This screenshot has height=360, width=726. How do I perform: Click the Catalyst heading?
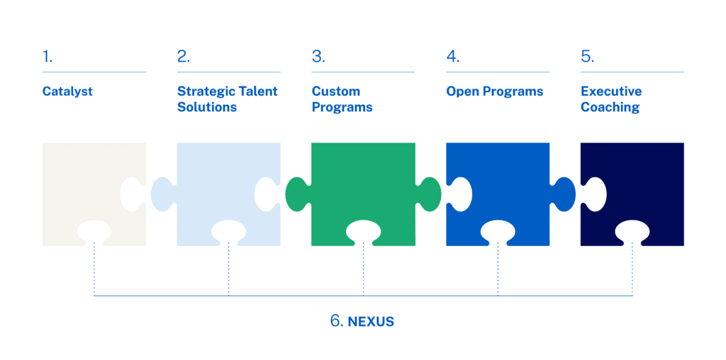pos(67,91)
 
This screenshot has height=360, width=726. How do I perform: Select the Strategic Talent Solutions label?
pos(228,99)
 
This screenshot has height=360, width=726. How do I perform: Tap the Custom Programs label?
pos(342,99)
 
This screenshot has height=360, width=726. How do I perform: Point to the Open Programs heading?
pos(494,91)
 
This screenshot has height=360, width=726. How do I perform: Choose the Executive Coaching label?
pos(611,99)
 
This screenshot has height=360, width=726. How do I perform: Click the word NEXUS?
pos(371,322)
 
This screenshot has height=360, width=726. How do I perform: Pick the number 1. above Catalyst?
pos(48,57)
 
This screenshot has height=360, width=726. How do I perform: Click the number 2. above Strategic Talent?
pos(184,57)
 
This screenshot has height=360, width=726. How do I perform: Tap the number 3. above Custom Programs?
pos(318,57)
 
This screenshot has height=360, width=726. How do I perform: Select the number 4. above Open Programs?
pos(453,57)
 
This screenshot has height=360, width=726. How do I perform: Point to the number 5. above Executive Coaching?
pos(588,57)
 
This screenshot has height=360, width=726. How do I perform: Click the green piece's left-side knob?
pos(297,194)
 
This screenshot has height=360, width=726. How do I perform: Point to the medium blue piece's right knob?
pos(564,194)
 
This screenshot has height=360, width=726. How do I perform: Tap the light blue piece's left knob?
pos(162,194)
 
